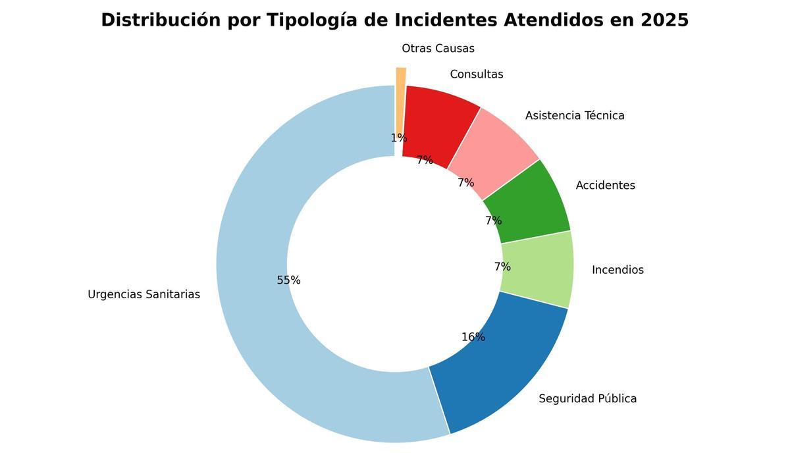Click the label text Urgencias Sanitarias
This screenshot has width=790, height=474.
pyautogui.click(x=144, y=294)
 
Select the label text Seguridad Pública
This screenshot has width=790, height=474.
pyautogui.click(x=587, y=398)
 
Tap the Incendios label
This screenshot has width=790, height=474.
pyautogui.click(x=618, y=270)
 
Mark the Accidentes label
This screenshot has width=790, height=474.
pyautogui.click(x=605, y=186)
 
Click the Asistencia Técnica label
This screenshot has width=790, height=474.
pyautogui.click(x=575, y=116)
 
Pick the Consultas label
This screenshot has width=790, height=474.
pyautogui.click(x=476, y=74)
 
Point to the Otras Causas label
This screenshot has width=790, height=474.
pyautogui.click(x=438, y=49)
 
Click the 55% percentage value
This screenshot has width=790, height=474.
pyautogui.click(x=288, y=280)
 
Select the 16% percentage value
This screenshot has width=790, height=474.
pyautogui.click(x=473, y=337)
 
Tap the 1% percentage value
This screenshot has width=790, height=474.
pyautogui.click(x=399, y=138)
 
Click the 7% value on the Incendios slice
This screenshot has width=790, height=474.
pyautogui.click(x=502, y=267)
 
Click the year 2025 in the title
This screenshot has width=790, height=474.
pyautogui.click(x=664, y=20)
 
